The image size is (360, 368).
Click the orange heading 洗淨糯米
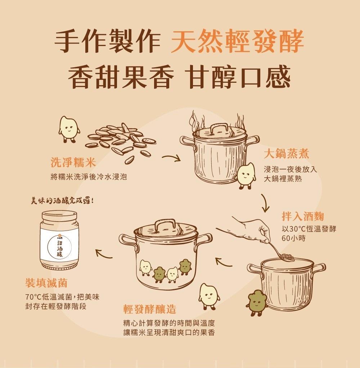pos(73,162)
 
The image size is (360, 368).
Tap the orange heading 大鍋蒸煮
pos(286,154)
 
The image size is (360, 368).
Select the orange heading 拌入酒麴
pos(303,216)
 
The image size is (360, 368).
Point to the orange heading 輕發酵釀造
pos(150,309)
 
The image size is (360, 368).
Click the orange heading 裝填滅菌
pos(46,283)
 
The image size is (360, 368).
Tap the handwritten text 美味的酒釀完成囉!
pos(63,201)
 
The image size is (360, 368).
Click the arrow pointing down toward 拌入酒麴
pos(265,203)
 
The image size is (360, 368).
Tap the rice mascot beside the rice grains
pos(68,129)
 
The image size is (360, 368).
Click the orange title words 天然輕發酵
pos(237,41)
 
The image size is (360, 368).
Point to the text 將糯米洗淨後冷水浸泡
pos(89,177)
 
